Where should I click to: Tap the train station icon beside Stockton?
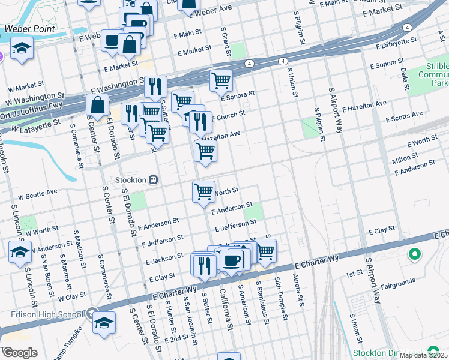tap(154, 180)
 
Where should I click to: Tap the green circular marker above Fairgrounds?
tap(414, 255)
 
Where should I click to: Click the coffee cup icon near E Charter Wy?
tap(232, 260)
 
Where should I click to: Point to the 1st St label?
tap(354, 274)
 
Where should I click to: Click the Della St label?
tap(404, 76)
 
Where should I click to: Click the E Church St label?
tap(228, 115)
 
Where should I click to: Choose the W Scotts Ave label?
tap(37, 194)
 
